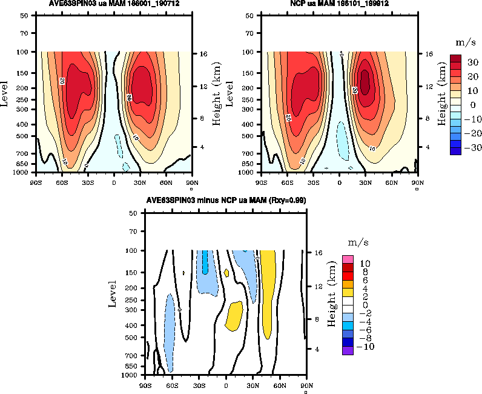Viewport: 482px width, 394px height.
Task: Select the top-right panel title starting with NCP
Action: coord(340,4)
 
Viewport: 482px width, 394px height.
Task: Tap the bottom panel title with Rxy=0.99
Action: coord(225,201)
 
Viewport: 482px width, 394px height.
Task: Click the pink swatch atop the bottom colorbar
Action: coord(348,259)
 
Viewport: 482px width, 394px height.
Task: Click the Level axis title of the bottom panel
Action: coord(113,293)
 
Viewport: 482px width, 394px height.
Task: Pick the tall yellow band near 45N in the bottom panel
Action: coord(268,303)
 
